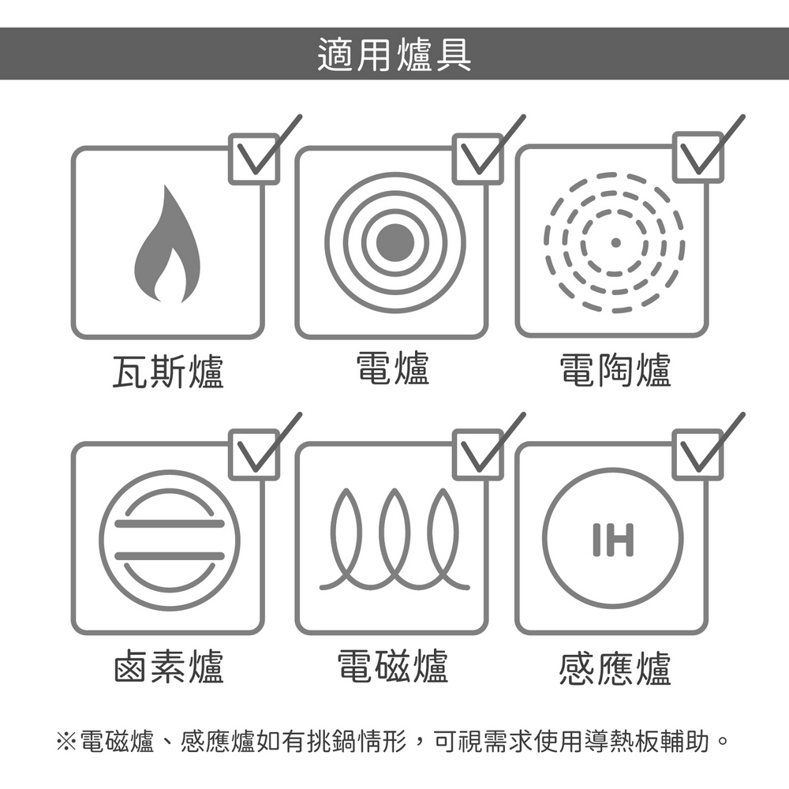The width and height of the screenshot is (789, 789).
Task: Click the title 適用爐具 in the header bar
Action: pyautogui.click(x=394, y=54)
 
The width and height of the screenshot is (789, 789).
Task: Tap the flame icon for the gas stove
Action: pyautogui.click(x=167, y=244)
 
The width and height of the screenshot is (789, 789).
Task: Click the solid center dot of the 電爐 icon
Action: pyautogui.click(x=395, y=242)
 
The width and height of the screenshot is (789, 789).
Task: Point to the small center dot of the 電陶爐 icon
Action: pyautogui.click(x=615, y=242)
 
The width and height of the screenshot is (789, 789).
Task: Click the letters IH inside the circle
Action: pyautogui.click(x=613, y=540)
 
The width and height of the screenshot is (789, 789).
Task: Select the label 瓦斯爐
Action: pyautogui.click(x=167, y=371)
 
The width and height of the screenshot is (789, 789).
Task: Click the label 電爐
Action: pyautogui.click(x=393, y=368)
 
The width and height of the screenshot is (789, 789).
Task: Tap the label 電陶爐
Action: pyautogui.click(x=615, y=370)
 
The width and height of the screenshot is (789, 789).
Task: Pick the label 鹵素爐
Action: pyautogui.click(x=168, y=666)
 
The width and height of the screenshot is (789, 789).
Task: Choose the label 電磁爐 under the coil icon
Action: pyautogui.click(x=392, y=666)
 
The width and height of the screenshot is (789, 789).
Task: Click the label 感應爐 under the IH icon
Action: pyautogui.click(x=615, y=668)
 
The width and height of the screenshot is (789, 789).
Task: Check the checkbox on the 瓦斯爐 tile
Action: pyautogui.click(x=254, y=159)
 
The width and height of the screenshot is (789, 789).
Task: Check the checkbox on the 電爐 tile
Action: pyautogui.click(x=477, y=159)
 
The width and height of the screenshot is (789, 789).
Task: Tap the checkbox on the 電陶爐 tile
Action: pyautogui.click(x=698, y=157)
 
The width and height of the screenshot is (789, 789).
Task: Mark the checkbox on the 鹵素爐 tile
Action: pyautogui.click(x=254, y=454)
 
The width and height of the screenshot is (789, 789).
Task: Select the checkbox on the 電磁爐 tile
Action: pyautogui.click(x=477, y=454)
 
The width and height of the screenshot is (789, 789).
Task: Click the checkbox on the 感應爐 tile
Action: pyautogui.click(x=698, y=454)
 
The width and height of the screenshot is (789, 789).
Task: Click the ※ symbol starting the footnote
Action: pyautogui.click(x=66, y=741)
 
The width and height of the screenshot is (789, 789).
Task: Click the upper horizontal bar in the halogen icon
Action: pyautogui.click(x=170, y=524)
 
